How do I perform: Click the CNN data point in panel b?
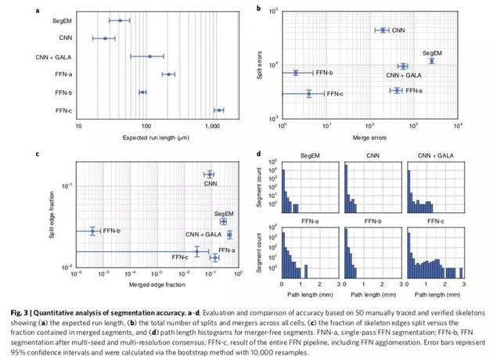[x=383, y=30]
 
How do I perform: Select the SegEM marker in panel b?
[x=431, y=60]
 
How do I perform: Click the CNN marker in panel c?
[x=209, y=175]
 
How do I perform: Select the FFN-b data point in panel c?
[x=92, y=231]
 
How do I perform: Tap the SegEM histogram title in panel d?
[x=307, y=157]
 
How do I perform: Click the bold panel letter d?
[x=258, y=154]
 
